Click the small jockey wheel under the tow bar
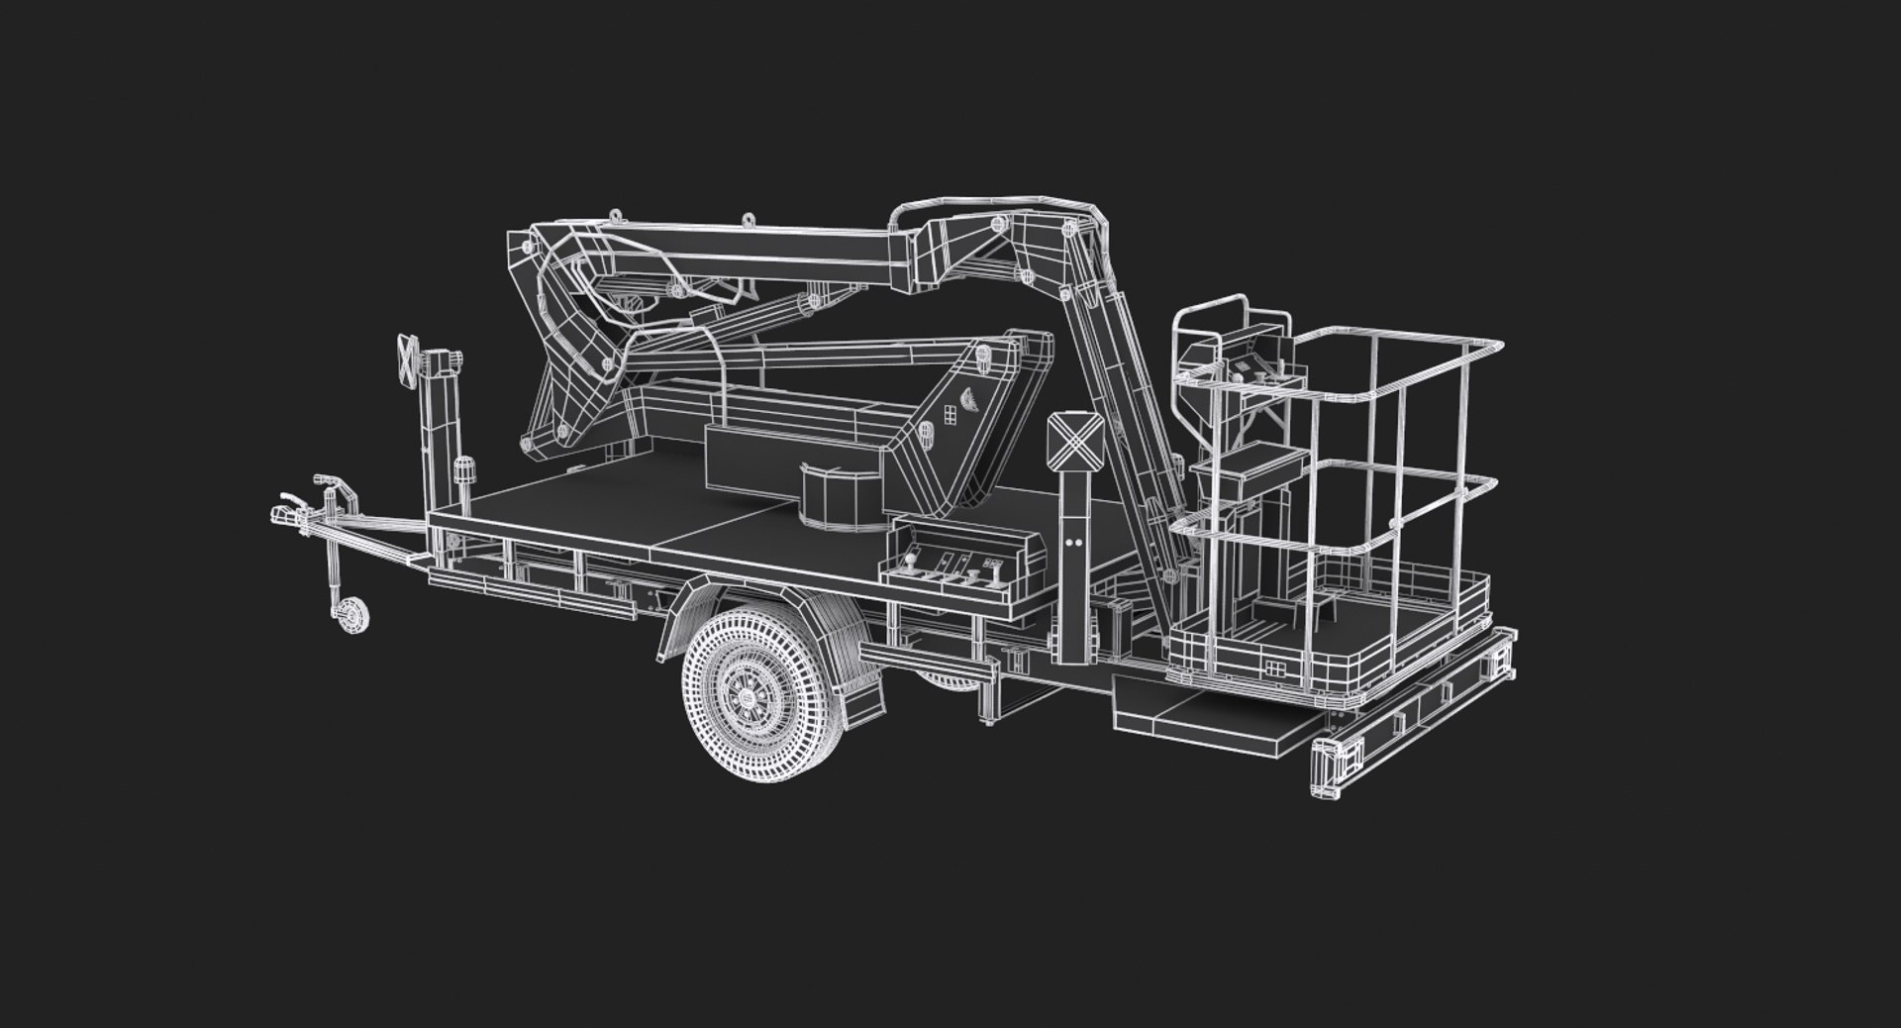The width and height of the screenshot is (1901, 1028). pyautogui.click(x=350, y=615)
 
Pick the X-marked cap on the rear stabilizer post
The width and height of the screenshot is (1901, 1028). pyautogui.click(x=1070, y=439)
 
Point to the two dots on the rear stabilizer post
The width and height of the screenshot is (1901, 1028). pyautogui.click(x=1074, y=544)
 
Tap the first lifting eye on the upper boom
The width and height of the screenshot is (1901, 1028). pyautogui.click(x=617, y=215)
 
